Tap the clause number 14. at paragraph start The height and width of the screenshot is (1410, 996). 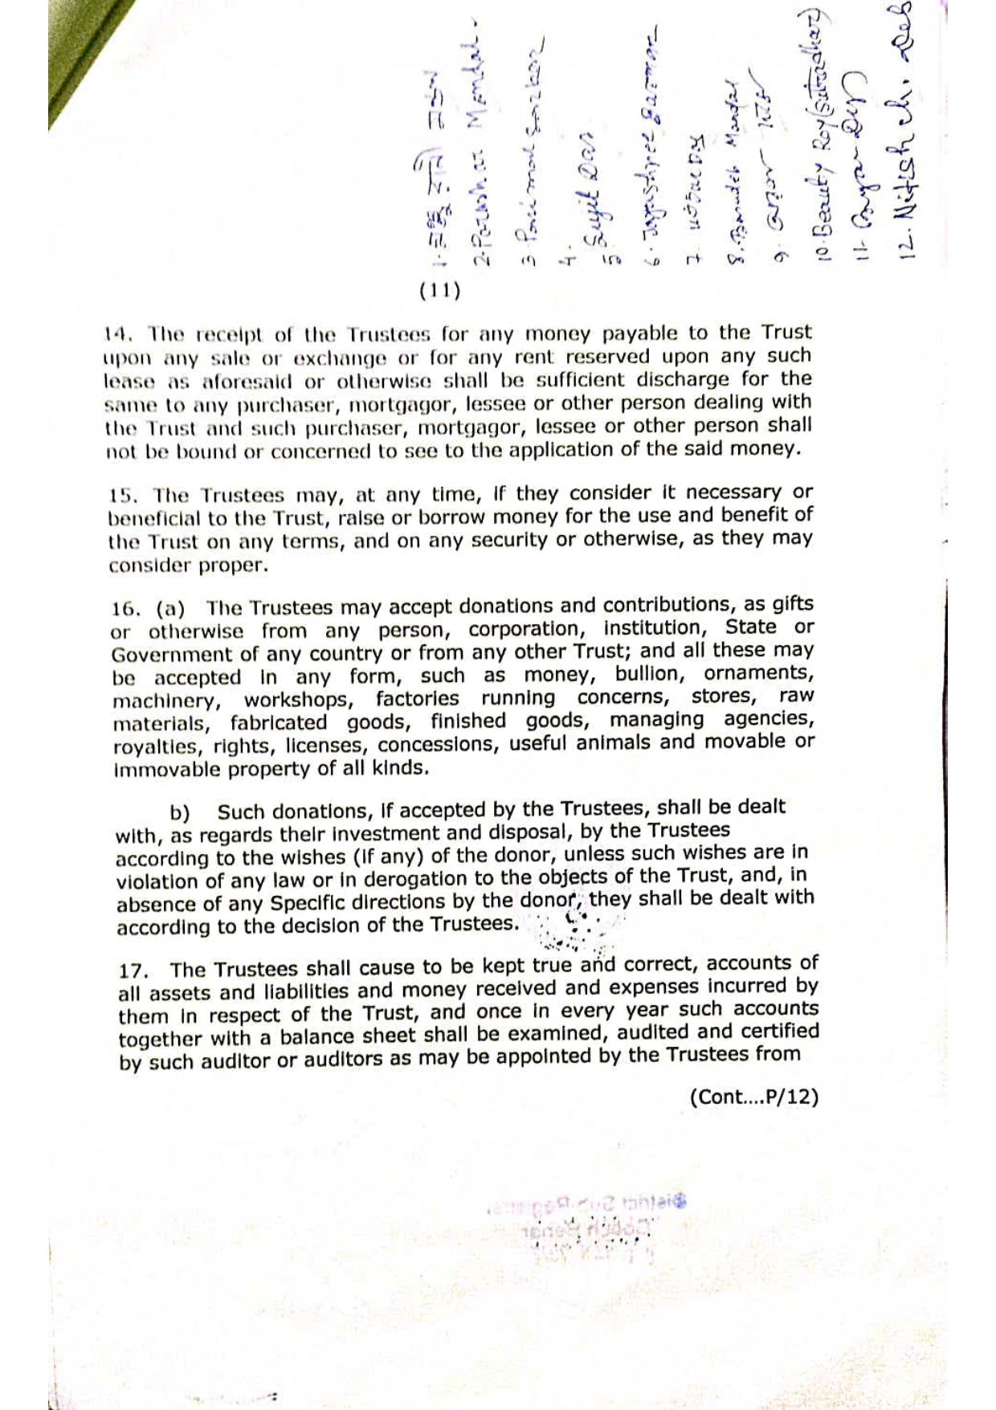click(x=117, y=333)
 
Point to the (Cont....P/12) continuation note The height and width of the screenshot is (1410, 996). click(x=753, y=1097)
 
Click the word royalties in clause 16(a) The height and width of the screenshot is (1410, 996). click(x=157, y=746)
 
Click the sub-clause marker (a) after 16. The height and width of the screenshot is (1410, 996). click(x=170, y=608)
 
